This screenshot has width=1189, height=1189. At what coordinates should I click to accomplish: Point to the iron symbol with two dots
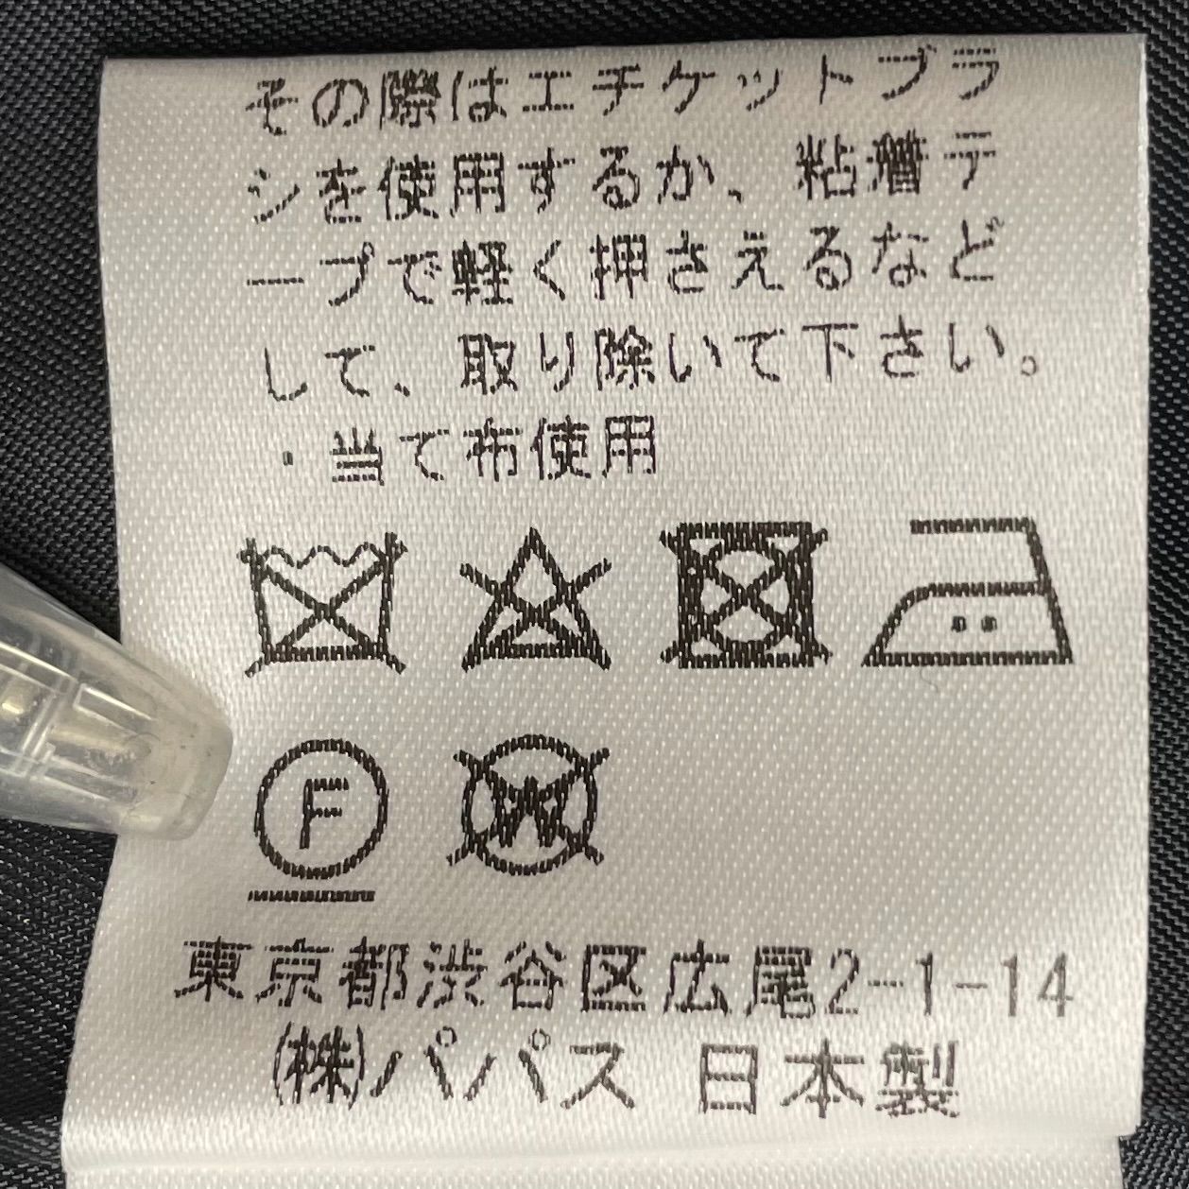(969, 595)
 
